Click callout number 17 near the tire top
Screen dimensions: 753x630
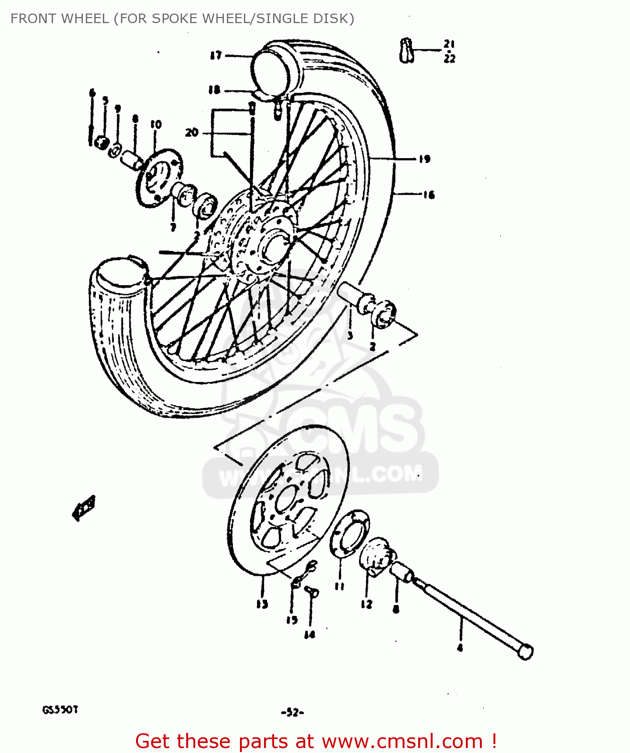[216, 55]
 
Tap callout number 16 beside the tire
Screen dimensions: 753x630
[428, 195]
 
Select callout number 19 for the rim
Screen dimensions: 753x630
[425, 159]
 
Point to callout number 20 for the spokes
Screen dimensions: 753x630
[192, 133]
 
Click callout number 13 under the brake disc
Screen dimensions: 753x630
[262, 604]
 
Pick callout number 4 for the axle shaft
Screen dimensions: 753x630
[460, 648]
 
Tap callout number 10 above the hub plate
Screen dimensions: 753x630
[156, 124]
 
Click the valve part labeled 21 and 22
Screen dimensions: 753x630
[407, 50]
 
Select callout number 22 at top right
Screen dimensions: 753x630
[449, 59]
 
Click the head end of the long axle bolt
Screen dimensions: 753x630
[525, 652]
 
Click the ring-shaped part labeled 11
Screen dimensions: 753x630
[350, 533]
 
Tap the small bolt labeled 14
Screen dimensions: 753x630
[312, 592]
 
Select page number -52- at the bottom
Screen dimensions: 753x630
[293, 712]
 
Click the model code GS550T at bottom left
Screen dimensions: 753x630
[60, 710]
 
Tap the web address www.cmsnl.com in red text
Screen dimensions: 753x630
[402, 741]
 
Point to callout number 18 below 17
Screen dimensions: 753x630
[214, 90]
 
